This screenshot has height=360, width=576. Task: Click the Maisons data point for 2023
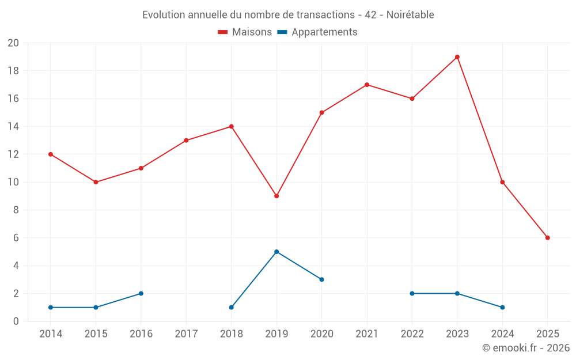tap(457, 57)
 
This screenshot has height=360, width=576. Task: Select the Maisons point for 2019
tap(276, 196)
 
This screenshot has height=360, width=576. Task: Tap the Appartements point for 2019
tap(276, 252)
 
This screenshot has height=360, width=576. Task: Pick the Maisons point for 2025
tap(548, 238)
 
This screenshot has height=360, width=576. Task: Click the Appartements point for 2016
tap(141, 293)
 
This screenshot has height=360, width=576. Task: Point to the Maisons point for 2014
tap(51, 154)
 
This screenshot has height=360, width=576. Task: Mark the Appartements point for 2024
tap(502, 307)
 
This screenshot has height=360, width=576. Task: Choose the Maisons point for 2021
tap(367, 85)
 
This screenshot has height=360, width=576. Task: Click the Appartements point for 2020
tap(321, 279)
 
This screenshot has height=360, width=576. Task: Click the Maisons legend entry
tap(245, 32)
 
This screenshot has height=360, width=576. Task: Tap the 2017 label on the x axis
tap(186, 334)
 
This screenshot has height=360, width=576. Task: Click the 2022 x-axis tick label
tap(412, 334)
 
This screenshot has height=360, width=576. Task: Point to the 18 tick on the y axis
tap(13, 71)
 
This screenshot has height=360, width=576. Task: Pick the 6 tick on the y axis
tap(16, 238)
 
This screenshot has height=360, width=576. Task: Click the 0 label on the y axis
tap(16, 321)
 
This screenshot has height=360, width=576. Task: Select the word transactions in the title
tap(326, 15)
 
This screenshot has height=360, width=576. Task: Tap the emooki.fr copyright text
tap(526, 348)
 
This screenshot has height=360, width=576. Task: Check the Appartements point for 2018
tap(232, 307)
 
